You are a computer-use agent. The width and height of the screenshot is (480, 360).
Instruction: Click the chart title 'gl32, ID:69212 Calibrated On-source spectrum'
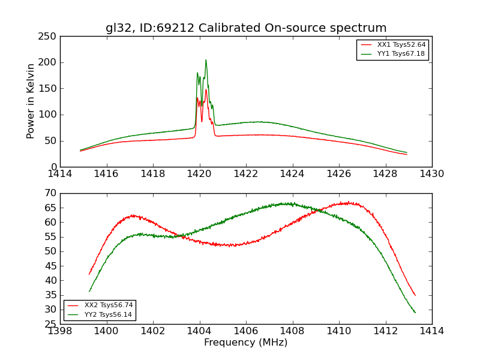click(x=246, y=28)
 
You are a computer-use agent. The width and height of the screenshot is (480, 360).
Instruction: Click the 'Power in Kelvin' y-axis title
click(x=31, y=101)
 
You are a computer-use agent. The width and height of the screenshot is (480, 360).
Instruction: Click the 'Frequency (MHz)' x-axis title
click(x=245, y=343)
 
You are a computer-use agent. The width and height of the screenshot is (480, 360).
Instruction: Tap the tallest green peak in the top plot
click(x=206, y=60)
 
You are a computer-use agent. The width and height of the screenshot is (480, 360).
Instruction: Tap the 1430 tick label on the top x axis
click(x=432, y=173)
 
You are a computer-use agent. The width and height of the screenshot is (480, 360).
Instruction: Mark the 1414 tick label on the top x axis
click(x=60, y=173)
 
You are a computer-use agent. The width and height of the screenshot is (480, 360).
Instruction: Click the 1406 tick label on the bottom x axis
click(x=246, y=331)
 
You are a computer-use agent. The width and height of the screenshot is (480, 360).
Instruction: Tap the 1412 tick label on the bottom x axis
click(x=385, y=331)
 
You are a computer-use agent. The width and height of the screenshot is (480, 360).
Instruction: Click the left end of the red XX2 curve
click(x=89, y=274)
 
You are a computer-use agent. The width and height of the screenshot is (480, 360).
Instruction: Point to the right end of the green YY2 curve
click(x=415, y=313)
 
